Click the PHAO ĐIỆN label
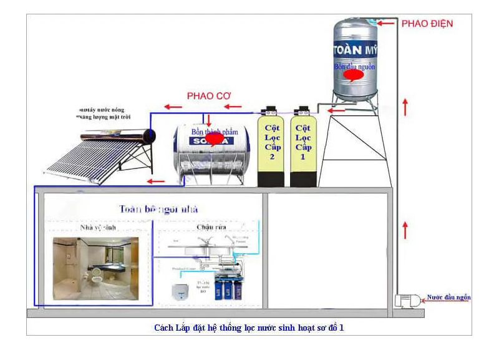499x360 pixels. click(x=427, y=24)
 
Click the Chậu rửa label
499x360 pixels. click(x=206, y=228)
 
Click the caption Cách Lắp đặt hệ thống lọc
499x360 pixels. click(x=249, y=327)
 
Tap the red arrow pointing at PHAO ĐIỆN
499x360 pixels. click(x=387, y=24)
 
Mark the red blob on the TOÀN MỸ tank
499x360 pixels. click(x=354, y=75)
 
